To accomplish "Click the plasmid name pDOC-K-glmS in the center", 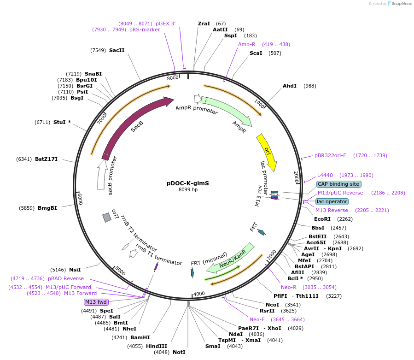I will [x=188, y=183].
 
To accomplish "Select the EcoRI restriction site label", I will [x=322, y=219].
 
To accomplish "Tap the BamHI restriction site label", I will [x=140, y=337].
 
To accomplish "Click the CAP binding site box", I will [x=338, y=184].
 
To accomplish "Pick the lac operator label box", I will [x=332, y=201].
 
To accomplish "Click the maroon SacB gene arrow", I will [x=134, y=124].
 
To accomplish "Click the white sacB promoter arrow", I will [x=102, y=175].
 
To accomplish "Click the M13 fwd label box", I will [x=96, y=302].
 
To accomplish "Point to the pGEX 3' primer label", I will [x=165, y=24].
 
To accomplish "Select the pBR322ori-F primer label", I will [x=330, y=155].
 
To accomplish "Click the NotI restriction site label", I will [x=179, y=352].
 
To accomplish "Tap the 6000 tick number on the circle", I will [x=80, y=199].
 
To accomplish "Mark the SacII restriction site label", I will [x=117, y=50].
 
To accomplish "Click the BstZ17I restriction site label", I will [x=46, y=159].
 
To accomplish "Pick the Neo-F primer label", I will [x=257, y=319].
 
